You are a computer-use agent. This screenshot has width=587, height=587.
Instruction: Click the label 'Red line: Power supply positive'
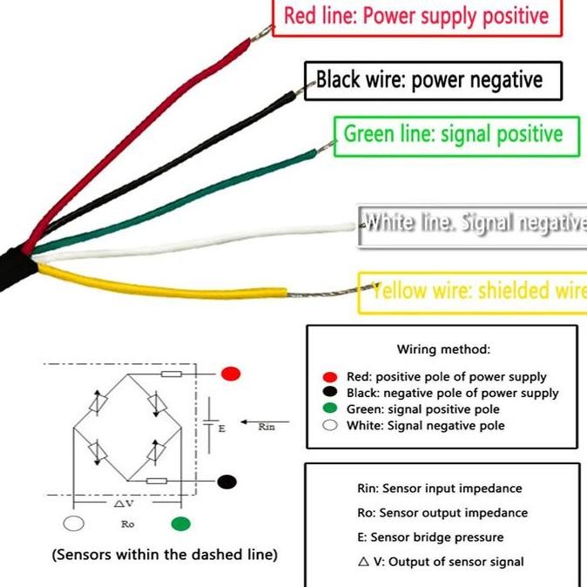click(416, 17)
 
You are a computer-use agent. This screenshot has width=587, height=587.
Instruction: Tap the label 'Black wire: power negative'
click(429, 81)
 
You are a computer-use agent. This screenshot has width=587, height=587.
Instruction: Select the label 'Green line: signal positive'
click(453, 134)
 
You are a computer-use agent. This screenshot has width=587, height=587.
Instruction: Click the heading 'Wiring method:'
click(443, 349)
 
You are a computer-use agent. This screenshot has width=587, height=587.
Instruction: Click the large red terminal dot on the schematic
click(230, 374)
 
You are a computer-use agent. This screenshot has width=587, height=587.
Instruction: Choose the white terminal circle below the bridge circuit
click(75, 523)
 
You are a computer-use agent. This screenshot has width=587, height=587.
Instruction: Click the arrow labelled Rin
click(259, 423)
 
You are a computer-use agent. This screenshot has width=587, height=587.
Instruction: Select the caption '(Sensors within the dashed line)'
click(165, 555)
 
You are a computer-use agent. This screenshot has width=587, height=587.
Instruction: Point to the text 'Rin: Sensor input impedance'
click(440, 489)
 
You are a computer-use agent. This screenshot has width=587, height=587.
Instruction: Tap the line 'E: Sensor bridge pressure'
click(430, 537)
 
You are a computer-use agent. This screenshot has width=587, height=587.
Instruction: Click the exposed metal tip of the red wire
click(260, 36)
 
